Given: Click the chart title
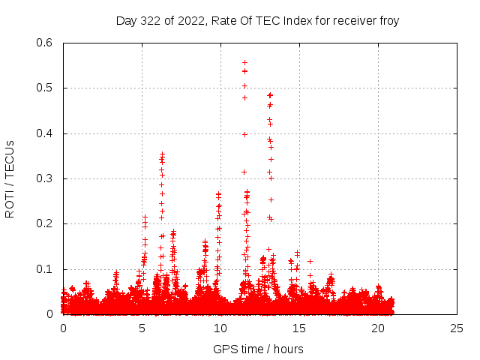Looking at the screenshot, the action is tap(257, 21).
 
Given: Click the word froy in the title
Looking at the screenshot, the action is tap(389, 21).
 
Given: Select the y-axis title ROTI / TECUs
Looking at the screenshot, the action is tap(10, 179).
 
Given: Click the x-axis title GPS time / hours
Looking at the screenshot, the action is tap(258, 349).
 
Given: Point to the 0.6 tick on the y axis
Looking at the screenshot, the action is tap(44, 43).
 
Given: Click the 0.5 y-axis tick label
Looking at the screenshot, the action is tap(44, 88).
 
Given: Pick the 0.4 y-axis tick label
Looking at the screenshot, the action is tap(44, 133).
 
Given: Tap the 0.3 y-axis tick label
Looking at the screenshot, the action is tap(44, 178).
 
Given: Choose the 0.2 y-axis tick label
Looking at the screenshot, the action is tap(44, 223).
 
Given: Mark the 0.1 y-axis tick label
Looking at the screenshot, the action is tap(44, 269).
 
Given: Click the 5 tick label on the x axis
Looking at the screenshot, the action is tap(142, 328).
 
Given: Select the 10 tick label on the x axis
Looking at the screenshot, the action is tap(220, 328).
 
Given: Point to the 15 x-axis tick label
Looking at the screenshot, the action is tap(299, 328).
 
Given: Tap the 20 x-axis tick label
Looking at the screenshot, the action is tap(378, 328).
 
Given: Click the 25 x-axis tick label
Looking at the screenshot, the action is tap(457, 328).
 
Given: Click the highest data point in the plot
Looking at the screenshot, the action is tap(245, 63).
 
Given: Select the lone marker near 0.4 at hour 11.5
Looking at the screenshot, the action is tap(244, 135).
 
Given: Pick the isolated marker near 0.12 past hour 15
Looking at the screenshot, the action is tap(310, 262).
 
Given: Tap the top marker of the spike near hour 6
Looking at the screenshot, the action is tap(163, 154).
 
